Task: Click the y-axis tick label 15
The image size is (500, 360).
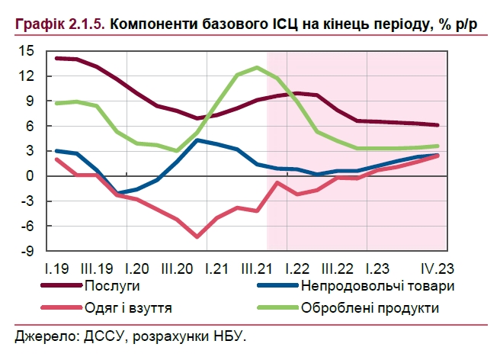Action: pos(26,51)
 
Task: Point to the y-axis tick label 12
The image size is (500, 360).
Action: pos(26,76)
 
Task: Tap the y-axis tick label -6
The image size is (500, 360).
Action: pos(27,226)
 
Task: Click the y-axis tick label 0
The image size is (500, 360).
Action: pos(30,176)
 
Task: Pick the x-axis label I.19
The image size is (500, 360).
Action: pos(58,268)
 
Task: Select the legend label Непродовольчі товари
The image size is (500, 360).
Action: pos(378,287)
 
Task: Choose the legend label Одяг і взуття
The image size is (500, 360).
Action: pos(133,308)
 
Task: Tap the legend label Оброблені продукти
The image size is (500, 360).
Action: pos(370,308)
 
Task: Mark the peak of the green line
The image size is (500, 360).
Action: pos(257,67)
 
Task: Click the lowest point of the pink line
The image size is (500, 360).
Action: pos(197,237)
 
